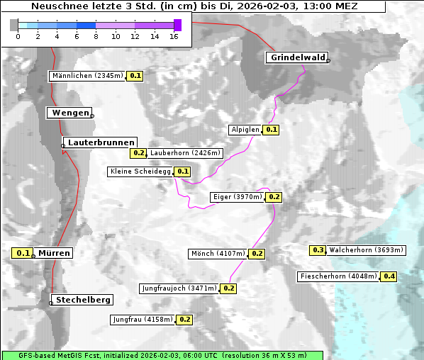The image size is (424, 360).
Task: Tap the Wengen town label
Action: (x=69, y=113)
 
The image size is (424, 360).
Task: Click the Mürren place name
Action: (x=54, y=253)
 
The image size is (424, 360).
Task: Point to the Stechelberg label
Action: (x=81, y=300)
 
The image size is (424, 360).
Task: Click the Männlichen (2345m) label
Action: (x=88, y=76)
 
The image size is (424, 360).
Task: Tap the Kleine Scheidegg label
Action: (x=141, y=171)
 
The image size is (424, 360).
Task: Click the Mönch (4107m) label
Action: (x=218, y=254)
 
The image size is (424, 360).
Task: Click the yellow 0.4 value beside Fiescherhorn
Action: (x=389, y=276)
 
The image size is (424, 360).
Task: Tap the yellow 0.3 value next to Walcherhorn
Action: (x=318, y=250)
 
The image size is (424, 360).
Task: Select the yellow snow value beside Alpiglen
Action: (x=271, y=130)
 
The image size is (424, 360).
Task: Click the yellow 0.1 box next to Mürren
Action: (x=23, y=253)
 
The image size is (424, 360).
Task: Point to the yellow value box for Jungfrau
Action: (x=184, y=320)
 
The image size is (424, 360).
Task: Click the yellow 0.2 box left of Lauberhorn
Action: (x=138, y=152)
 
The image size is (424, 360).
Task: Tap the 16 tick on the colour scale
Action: (x=174, y=36)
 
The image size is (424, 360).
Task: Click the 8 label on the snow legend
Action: (x=95, y=36)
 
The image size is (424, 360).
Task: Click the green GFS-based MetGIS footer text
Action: (x=162, y=355)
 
